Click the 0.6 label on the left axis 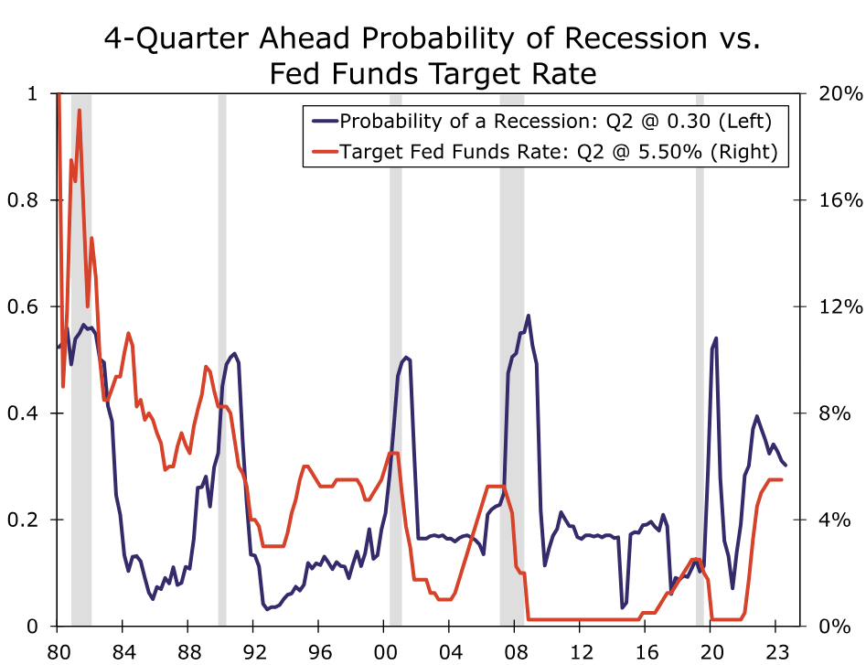28,306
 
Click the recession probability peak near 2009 529,316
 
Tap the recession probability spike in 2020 715,338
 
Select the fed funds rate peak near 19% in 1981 80,111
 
